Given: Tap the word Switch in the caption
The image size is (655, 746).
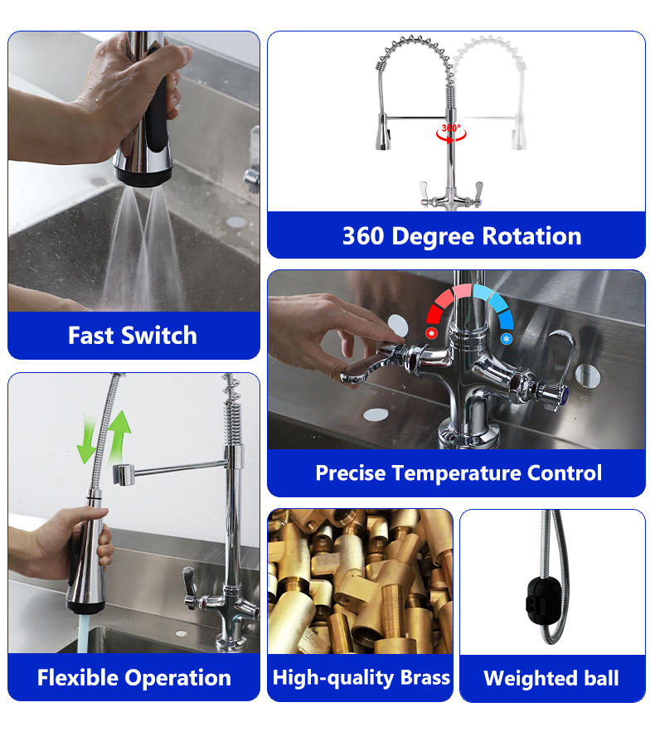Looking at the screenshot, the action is click(x=159, y=336).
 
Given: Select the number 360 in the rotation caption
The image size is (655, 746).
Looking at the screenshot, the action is click(x=363, y=236).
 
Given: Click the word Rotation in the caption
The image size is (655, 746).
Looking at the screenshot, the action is click(x=531, y=236).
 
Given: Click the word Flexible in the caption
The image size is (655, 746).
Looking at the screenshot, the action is click(x=78, y=677).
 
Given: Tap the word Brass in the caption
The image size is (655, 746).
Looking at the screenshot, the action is click(x=425, y=677).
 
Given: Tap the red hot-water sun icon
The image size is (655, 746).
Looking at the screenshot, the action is click(x=432, y=332).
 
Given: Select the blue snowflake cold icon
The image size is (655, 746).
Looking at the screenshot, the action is click(x=507, y=339).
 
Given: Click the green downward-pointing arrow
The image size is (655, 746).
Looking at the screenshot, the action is click(x=87, y=439).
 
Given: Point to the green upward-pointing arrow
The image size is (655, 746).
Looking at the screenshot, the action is click(x=120, y=435).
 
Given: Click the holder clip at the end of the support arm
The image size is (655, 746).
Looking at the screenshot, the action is click(x=124, y=475).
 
